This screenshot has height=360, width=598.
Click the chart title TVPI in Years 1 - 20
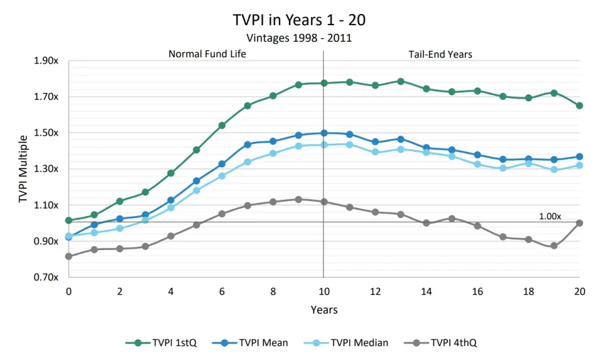[299, 19]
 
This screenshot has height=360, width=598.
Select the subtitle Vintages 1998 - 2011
[299, 39]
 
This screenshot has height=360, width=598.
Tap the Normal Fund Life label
[207, 54]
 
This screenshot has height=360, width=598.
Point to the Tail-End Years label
[440, 54]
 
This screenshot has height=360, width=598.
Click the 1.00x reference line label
[550, 216]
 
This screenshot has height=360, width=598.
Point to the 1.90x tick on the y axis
[47, 61]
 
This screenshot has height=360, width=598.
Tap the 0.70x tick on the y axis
[47, 277]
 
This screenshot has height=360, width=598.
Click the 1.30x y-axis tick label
[47, 169]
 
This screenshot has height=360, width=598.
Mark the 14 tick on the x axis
[426, 291]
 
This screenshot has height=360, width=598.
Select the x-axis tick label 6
[221, 291]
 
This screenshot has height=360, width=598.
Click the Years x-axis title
[324, 309]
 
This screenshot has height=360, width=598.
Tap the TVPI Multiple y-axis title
[23, 169]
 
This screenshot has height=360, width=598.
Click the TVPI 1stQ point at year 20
[579, 106]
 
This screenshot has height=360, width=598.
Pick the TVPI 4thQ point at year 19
[554, 245]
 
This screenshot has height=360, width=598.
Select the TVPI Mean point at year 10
[324, 133]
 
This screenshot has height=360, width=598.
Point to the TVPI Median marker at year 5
[196, 191]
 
